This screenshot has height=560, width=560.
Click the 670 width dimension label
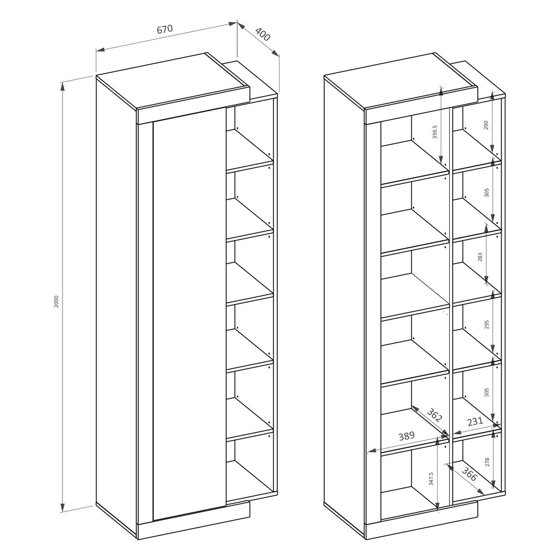pos(165,29)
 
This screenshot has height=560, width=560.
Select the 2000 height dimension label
pos(56,301)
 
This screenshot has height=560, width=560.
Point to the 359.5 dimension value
pos(435,132)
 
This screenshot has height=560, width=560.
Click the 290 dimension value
pos(486,125)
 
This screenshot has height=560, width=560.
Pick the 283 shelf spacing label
pos(480,257)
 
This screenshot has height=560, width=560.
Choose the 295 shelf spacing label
pos(487,324)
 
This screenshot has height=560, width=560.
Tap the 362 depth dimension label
pos(435,416)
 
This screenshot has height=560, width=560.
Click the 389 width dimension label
pos(406,436)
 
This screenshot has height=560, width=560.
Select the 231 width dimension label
pos(475,421)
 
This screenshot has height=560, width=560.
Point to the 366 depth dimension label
pos(469,474)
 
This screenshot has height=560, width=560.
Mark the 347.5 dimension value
pos(431,479)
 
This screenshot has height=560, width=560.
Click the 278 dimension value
pos(487,462)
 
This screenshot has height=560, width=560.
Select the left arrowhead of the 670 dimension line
pos(100,50)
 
